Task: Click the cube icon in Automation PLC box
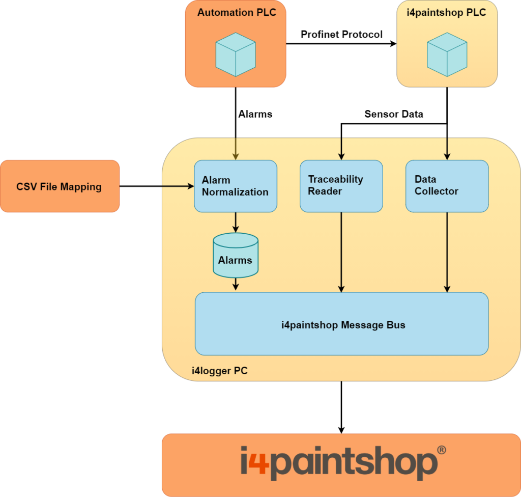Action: point(236,54)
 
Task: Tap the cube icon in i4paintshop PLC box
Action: point(447,54)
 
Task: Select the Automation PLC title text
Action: point(237,13)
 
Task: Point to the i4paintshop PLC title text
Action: point(446,13)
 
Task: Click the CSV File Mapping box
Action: point(60,186)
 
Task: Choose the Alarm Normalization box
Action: point(236,186)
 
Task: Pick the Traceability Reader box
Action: point(341,186)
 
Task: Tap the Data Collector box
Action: point(447,186)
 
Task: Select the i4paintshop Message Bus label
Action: point(343,325)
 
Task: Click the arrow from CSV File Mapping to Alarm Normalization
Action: point(178,186)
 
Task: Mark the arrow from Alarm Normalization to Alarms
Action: point(235,222)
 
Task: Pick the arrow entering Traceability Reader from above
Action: point(341,149)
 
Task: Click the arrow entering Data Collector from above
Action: point(447,149)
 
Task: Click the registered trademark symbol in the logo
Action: point(442,450)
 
